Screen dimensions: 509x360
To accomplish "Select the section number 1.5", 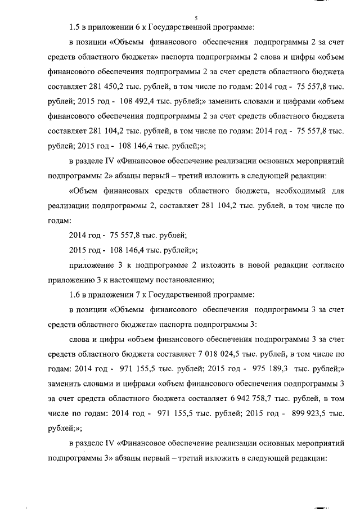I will click(75, 28).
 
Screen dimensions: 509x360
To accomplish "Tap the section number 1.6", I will click(75, 294).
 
